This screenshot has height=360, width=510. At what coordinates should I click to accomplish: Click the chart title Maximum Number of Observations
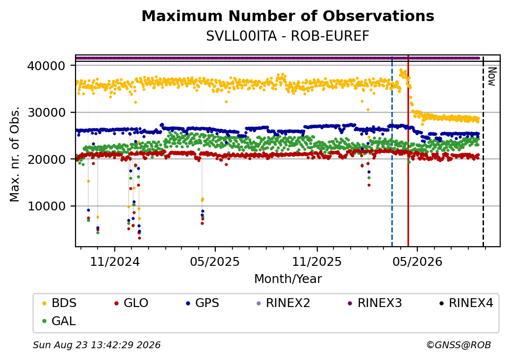click(x=288, y=16)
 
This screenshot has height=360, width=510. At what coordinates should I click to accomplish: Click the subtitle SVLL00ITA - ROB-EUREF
click(x=288, y=36)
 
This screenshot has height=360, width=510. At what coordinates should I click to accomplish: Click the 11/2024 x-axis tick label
click(x=115, y=262)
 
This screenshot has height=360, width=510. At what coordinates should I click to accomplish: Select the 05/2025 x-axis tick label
click(x=215, y=262)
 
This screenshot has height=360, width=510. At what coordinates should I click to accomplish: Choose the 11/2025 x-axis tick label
click(x=317, y=262)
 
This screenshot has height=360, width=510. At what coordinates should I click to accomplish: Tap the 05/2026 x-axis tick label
click(x=418, y=262)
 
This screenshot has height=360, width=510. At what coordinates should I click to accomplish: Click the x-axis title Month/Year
click(x=288, y=279)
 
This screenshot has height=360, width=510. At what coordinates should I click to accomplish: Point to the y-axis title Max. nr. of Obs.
click(x=15, y=154)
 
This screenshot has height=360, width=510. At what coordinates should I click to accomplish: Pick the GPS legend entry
click(x=203, y=303)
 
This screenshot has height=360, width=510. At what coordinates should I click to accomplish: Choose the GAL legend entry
click(x=59, y=321)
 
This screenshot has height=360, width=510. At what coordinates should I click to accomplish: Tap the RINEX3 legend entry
click(x=375, y=303)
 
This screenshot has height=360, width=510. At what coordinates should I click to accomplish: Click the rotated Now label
click(x=492, y=77)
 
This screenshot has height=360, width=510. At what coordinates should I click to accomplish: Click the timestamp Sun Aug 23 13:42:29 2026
click(x=97, y=345)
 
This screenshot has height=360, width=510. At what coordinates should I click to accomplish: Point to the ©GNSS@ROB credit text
click(x=459, y=345)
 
